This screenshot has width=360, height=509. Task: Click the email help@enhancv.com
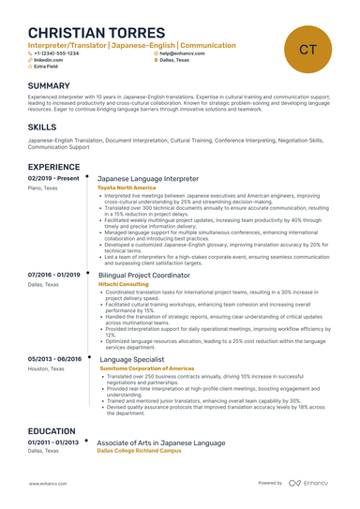coord(181,53)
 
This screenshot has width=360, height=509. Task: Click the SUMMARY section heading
coord(49,85)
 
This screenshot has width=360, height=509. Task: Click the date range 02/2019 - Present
coord(54,177)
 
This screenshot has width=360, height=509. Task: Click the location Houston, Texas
coord(46,368)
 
